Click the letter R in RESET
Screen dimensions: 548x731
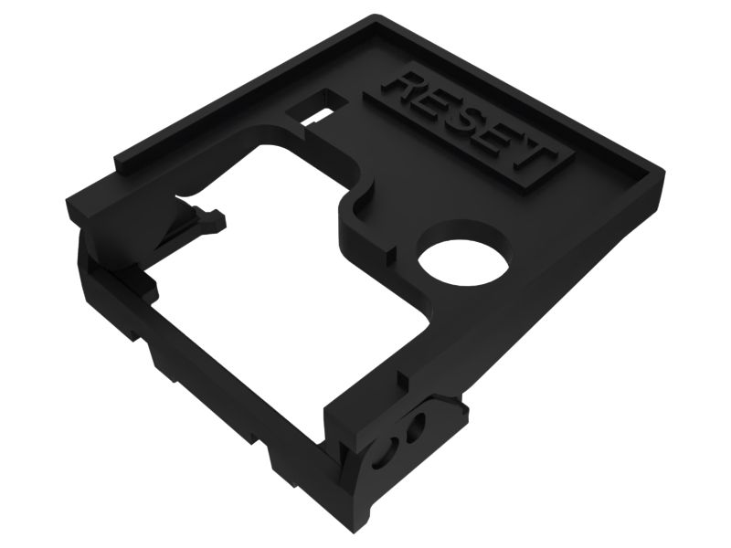point(403,91)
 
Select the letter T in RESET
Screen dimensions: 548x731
point(528,159)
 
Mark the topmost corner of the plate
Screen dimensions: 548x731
point(376,16)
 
